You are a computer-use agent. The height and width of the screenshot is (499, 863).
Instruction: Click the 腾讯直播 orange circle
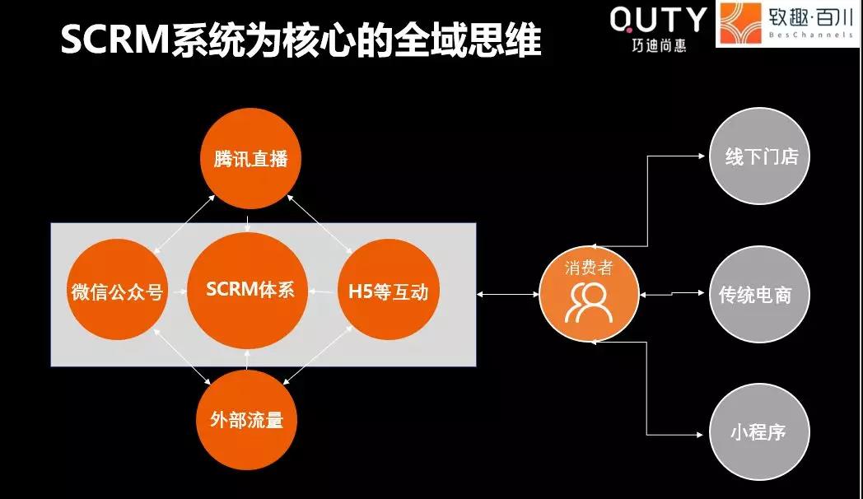tap(250, 158)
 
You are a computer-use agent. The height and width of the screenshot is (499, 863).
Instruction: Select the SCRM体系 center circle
tap(248, 291)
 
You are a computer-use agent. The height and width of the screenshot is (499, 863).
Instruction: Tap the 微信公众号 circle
tap(117, 290)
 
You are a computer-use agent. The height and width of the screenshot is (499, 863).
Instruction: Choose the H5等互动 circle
tap(389, 290)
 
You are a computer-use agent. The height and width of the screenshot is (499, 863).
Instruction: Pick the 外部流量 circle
tap(246, 420)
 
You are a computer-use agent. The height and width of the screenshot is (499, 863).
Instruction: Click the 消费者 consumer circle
tap(589, 294)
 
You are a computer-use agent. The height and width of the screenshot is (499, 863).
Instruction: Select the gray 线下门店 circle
tap(760, 156)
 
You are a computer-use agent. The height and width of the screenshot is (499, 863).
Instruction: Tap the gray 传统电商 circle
tap(760, 294)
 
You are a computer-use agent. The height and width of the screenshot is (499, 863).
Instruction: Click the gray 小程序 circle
tap(760, 431)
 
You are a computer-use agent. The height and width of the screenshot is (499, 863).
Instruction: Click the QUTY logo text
tap(658, 20)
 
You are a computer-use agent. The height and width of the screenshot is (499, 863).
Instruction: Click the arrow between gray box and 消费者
tap(507, 294)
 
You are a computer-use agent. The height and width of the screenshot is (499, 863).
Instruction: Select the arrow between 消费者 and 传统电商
tap(672, 294)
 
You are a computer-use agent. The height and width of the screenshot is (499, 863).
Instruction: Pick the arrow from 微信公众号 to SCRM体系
tap(177, 291)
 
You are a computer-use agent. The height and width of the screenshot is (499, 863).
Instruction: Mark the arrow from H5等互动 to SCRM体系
tap(323, 291)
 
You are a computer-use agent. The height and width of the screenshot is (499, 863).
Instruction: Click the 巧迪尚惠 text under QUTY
tap(659, 45)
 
